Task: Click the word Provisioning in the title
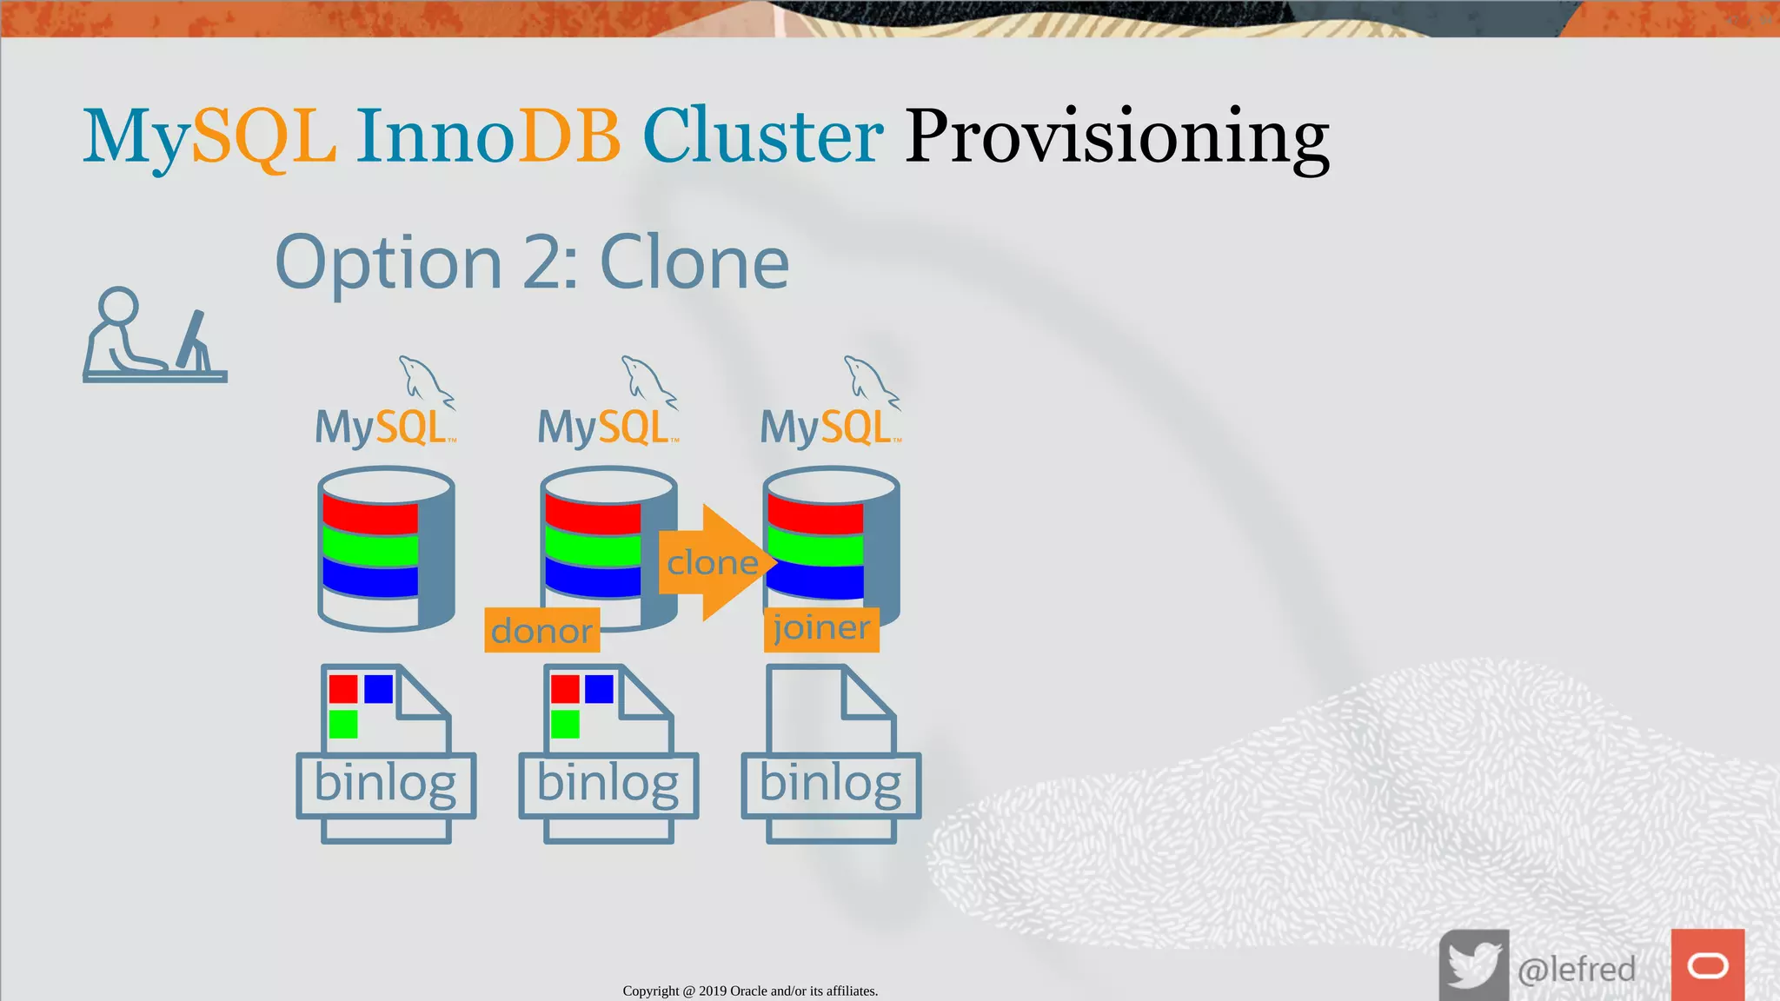tap(1116, 136)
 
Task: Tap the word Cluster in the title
tap(762, 136)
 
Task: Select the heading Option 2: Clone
tap(532, 262)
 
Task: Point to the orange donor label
tap(541, 631)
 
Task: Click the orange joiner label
tap(821, 628)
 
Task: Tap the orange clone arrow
tap(714, 562)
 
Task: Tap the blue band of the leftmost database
tap(370, 578)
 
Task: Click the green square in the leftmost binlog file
tap(343, 724)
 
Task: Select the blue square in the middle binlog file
tap(599, 689)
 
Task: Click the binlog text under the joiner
tap(830, 784)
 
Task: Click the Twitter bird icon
tap(1473, 965)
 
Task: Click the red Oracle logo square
tap(1707, 965)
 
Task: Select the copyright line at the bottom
tap(750, 991)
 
